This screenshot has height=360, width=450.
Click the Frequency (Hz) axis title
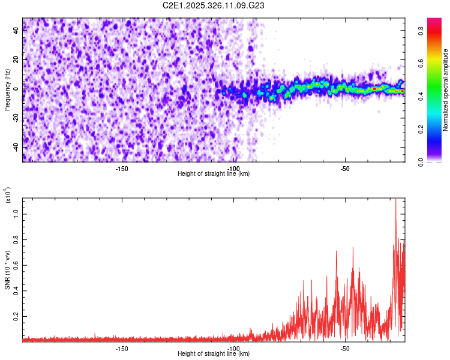(x=7, y=89)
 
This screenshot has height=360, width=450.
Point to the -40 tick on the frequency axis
(x=16, y=147)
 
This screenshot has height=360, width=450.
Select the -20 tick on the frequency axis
(x=16, y=118)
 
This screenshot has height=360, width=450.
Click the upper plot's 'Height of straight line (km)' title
(x=214, y=174)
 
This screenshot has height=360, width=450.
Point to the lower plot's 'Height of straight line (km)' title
(x=214, y=354)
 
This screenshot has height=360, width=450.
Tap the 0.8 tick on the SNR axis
(x=16, y=239)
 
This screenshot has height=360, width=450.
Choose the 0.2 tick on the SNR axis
(x=16, y=315)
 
